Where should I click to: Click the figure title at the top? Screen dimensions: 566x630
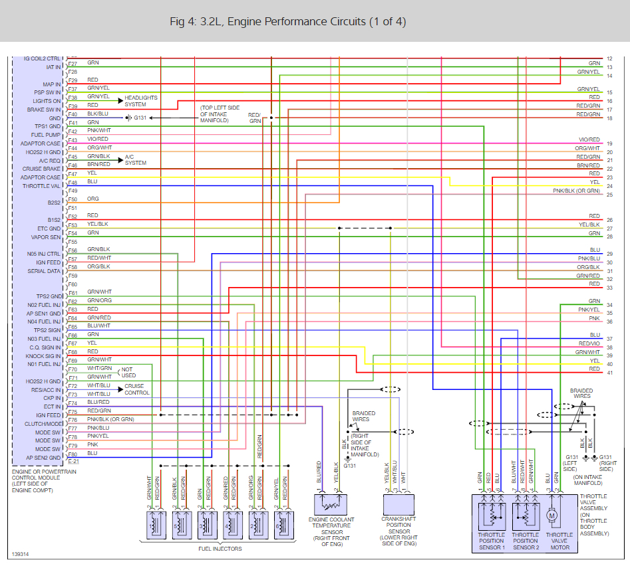[x=287, y=22]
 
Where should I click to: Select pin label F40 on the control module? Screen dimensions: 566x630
[x=73, y=114]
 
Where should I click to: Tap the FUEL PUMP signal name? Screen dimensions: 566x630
[x=45, y=135]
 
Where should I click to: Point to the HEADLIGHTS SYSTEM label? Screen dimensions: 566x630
[x=141, y=101]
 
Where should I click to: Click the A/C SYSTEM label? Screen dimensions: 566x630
[x=136, y=159]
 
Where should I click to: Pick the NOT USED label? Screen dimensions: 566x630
[x=127, y=372]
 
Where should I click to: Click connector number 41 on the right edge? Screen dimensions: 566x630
[x=609, y=373]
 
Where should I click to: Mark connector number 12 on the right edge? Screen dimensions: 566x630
[x=609, y=59]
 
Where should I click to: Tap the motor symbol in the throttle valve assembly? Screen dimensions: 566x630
[x=551, y=514]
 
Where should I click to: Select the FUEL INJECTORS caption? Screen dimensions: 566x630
[x=220, y=549]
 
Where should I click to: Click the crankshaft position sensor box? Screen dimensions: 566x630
[x=398, y=506]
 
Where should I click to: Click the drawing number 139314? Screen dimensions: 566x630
[x=21, y=553]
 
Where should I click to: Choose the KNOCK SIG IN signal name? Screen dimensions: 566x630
[x=44, y=356]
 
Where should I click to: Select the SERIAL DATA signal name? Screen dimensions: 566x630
[x=45, y=271]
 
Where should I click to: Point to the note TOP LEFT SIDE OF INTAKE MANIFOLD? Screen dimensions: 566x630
[x=222, y=114]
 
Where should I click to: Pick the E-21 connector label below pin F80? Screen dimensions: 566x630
[x=73, y=461]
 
